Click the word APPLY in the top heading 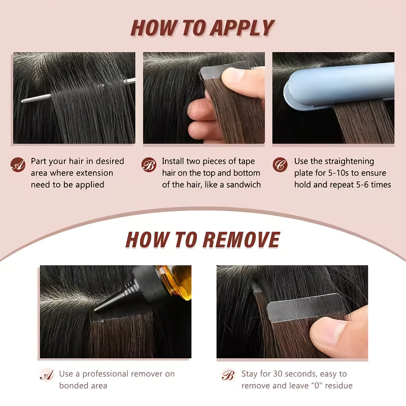coord(242,27)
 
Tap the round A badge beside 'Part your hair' coord(18,164)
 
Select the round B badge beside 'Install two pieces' coord(149,164)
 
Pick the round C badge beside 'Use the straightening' coord(280,164)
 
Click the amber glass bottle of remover coord(177,282)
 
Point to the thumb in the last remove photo coord(339,334)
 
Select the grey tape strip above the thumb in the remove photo coord(306,308)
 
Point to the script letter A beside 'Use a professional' coord(47,375)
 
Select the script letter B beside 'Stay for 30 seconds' coord(228,375)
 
